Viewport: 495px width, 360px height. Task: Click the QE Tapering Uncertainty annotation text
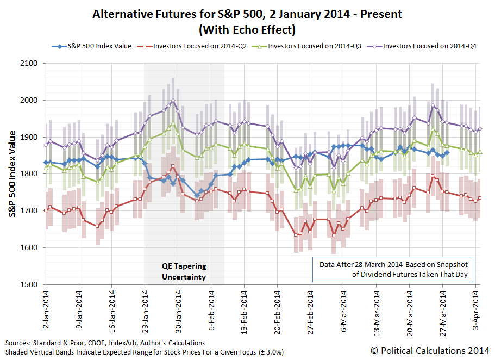pyautogui.click(x=184, y=271)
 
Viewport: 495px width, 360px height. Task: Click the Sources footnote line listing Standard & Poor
pyautogui.click(x=105, y=343)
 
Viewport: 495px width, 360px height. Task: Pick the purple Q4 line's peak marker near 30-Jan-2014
pyautogui.click(x=173, y=101)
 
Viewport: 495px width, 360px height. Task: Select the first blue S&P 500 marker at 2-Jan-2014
pyautogui.click(x=46, y=163)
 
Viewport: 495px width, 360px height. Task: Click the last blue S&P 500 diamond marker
pyautogui.click(x=447, y=153)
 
